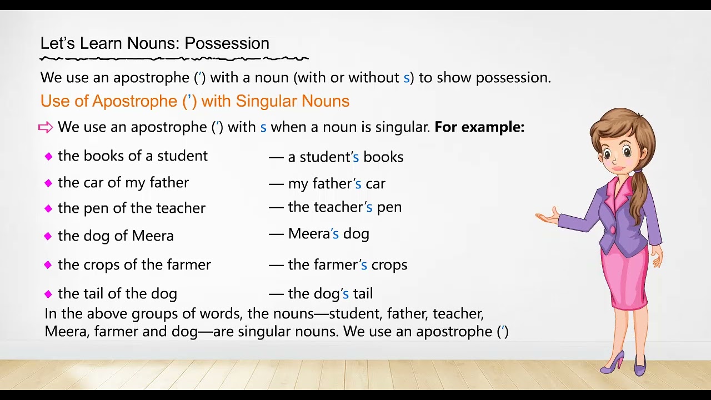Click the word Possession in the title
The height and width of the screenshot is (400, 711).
coord(227,43)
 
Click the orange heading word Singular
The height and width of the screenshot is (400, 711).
coord(267,101)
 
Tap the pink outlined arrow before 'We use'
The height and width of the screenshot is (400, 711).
coord(46,128)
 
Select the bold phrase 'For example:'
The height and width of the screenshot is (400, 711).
coord(479,127)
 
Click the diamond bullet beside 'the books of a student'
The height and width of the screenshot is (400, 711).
coord(49,157)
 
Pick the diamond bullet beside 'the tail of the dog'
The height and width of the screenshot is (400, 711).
coord(49,294)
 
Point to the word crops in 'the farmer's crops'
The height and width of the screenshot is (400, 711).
coord(389,265)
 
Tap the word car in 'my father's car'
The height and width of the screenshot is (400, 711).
coord(375,184)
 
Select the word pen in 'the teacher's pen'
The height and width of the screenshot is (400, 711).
coord(389,207)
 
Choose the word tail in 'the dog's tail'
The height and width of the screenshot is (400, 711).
coord(363,294)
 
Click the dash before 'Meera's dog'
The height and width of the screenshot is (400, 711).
coord(276,234)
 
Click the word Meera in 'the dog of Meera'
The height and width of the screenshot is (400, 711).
coord(153,236)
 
